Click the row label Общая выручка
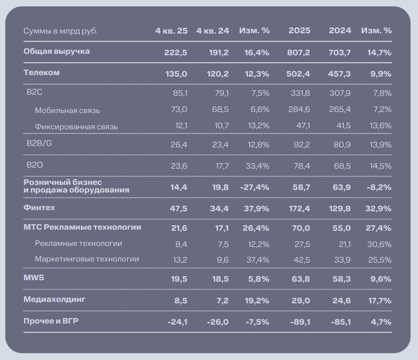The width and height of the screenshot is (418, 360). coord(57,51)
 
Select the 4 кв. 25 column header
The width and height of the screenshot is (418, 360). coord(171,31)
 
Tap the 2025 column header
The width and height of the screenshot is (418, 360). coord(299,31)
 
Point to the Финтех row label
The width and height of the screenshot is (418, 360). coord(39,208)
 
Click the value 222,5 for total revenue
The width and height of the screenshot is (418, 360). coord(176,53)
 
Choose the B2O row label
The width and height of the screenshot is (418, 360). coord(35,165)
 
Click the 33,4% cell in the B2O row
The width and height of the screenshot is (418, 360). coord(258,166)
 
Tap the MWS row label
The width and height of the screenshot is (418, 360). coord(34,278)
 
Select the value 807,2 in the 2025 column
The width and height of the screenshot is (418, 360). coord(299,53)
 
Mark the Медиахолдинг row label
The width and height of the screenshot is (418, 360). coord(55,299)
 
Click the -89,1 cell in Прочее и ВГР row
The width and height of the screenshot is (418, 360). coord(300,322)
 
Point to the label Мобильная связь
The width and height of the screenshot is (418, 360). coord(68,110)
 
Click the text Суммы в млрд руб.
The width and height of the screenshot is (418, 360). coord(61,31)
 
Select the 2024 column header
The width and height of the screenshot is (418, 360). coord(340,31)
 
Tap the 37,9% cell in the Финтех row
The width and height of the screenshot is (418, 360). coord(257,209)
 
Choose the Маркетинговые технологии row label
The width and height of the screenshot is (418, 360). coord(87,259)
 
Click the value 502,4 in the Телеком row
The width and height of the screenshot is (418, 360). coord(299,74)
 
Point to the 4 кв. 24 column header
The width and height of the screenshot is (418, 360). coord(213,31)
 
